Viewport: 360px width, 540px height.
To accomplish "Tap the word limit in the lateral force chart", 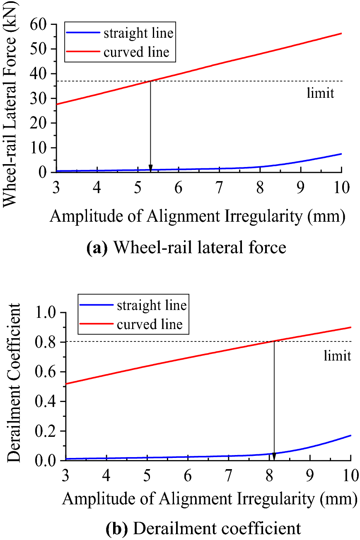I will click(x=320, y=92).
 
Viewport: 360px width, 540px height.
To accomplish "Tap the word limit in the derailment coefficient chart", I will click(x=338, y=355).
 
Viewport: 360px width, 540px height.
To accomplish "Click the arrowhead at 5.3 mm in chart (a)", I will click(x=150, y=168).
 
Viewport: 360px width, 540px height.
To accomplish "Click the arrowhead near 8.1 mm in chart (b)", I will click(x=274, y=457).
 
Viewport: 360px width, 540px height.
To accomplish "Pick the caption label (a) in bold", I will click(x=97, y=248).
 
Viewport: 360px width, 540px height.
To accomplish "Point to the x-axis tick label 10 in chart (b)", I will click(x=350, y=476).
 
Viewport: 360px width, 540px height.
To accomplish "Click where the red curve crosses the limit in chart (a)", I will click(x=150, y=81).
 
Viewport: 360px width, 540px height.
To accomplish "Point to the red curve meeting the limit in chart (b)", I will click(x=274, y=341).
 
